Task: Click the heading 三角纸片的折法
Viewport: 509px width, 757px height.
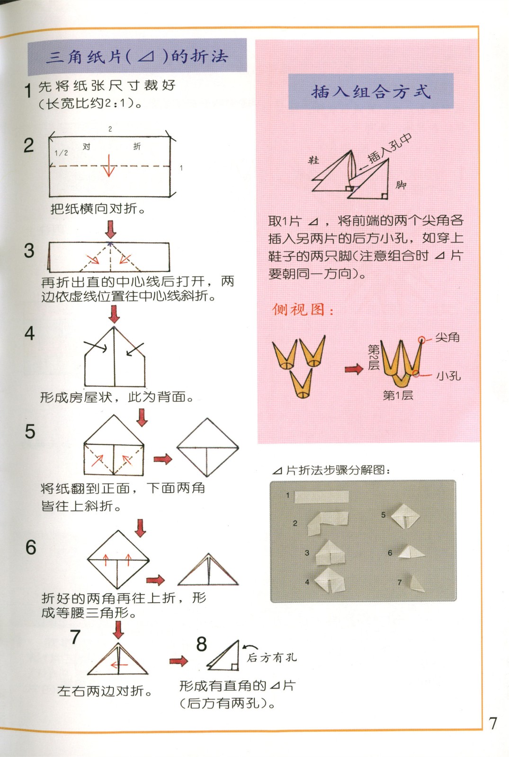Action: pyautogui.click(x=137, y=57)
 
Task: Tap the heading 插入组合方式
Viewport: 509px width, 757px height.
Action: pyautogui.click(x=371, y=91)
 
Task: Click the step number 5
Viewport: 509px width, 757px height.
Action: pyautogui.click(x=30, y=431)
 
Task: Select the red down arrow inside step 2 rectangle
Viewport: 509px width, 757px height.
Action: pyautogui.click(x=109, y=166)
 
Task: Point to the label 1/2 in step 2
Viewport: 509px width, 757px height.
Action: pyautogui.click(x=61, y=153)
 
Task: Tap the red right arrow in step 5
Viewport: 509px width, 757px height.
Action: pyautogui.click(x=162, y=458)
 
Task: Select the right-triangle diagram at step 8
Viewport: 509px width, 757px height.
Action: pyautogui.click(x=225, y=657)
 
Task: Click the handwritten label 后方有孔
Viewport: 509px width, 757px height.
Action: pyautogui.click(x=272, y=657)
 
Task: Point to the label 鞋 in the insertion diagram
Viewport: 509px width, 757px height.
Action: pyautogui.click(x=313, y=160)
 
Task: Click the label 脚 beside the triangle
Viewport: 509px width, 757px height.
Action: pyautogui.click(x=401, y=185)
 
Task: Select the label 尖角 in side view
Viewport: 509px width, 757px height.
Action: pyautogui.click(x=447, y=337)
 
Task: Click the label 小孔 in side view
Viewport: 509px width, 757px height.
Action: pyautogui.click(x=448, y=376)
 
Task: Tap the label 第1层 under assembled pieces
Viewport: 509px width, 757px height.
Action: pyautogui.click(x=398, y=395)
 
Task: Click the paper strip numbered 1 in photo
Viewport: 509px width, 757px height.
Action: pyautogui.click(x=321, y=497)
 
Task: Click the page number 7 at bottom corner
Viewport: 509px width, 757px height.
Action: pyautogui.click(x=493, y=723)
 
